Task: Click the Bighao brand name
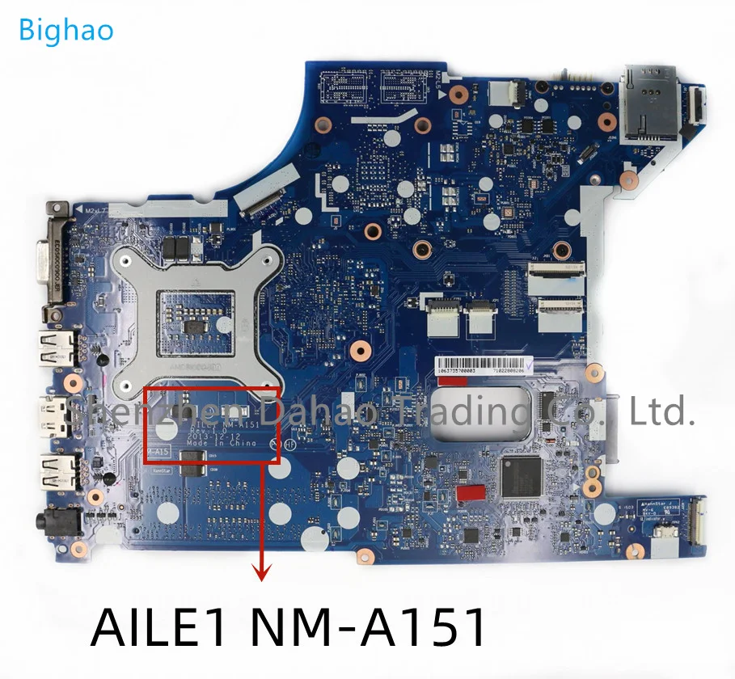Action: pos(65,30)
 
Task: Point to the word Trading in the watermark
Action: pos(441,414)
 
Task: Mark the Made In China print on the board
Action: pos(221,443)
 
